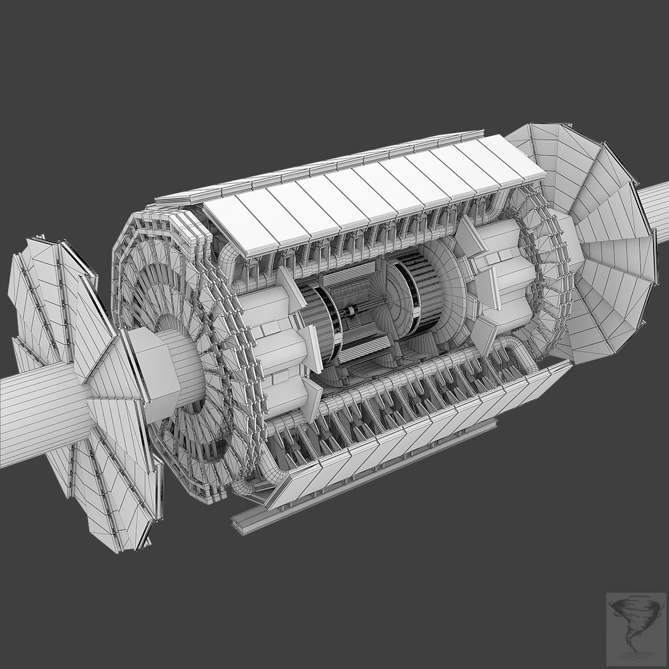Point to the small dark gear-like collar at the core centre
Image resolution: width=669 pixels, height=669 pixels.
tap(353, 310)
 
